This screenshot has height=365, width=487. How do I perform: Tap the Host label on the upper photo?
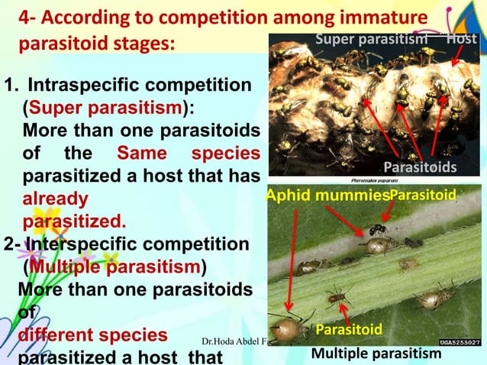pos(463,38)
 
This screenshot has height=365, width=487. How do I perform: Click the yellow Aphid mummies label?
pos(327,197)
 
